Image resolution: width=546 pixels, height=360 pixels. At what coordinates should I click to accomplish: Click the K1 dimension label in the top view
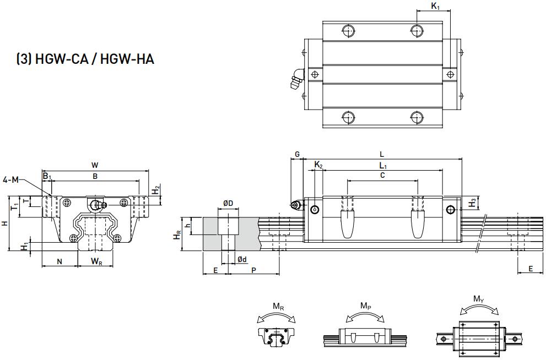click(x=435, y=6)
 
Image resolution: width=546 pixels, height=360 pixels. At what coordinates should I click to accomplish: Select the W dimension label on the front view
click(x=95, y=164)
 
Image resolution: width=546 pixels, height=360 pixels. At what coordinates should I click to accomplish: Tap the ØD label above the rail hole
click(x=228, y=204)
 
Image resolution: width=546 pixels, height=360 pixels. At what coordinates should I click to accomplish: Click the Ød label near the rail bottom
click(x=241, y=259)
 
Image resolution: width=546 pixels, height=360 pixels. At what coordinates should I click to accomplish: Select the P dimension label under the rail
click(x=253, y=270)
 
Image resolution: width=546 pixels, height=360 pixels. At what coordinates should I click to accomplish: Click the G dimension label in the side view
click(x=297, y=155)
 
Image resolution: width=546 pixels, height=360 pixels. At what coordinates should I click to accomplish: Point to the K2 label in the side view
click(x=318, y=165)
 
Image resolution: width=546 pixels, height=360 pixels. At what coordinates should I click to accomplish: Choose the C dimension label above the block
click(x=382, y=175)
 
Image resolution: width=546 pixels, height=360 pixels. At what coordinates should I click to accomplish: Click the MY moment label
click(x=479, y=299)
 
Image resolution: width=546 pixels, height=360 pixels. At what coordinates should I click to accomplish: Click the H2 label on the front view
click(x=156, y=189)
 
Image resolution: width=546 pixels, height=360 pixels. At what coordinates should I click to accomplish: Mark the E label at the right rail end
click(x=530, y=269)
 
